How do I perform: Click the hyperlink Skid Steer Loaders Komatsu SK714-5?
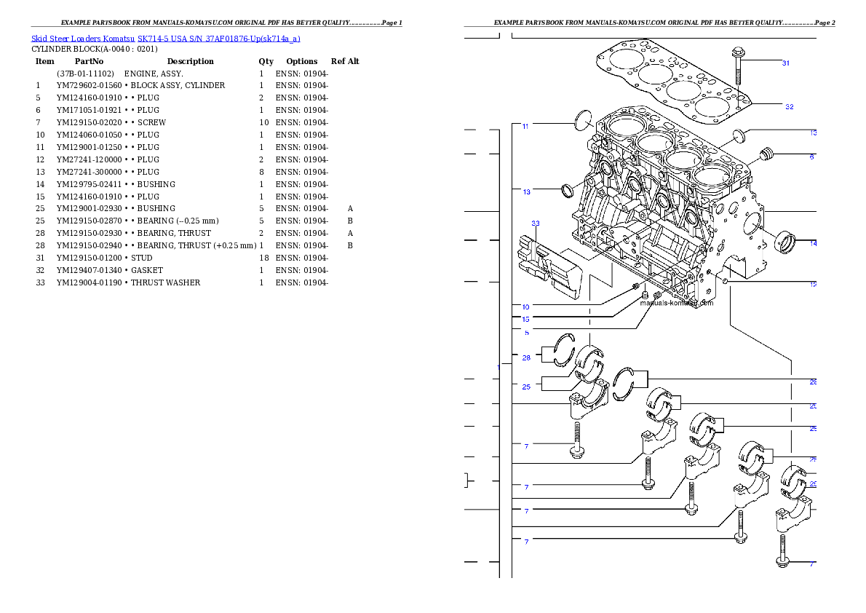(165, 39)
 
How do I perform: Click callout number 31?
(786, 63)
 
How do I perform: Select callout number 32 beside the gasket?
(789, 106)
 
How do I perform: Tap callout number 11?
(525, 126)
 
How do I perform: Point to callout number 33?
(536, 223)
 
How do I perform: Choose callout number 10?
(525, 306)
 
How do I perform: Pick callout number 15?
(525, 319)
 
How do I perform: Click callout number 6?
(812, 157)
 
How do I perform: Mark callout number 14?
(813, 243)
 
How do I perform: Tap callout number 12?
(813, 284)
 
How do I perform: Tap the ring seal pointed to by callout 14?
(787, 242)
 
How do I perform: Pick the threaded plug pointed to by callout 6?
(764, 155)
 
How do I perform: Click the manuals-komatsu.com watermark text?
(677, 303)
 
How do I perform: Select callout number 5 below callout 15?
(527, 333)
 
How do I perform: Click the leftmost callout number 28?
(526, 357)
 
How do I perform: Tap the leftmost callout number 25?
(526, 387)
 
